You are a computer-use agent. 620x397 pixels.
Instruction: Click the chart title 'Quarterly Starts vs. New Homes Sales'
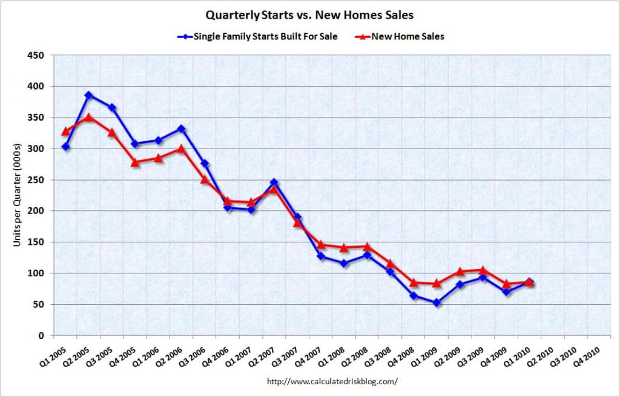tap(309, 15)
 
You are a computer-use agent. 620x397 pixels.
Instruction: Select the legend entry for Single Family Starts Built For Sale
tap(257, 37)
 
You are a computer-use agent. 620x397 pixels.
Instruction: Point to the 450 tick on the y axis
tap(40, 55)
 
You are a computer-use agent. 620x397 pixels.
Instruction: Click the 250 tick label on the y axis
tap(40, 180)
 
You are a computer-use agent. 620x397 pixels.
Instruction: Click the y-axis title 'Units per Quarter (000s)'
tap(17, 196)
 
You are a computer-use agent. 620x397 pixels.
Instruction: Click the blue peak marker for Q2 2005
tap(88, 95)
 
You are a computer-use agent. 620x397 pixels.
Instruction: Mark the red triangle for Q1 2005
tap(65, 132)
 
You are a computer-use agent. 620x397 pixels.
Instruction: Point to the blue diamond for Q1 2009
tap(437, 303)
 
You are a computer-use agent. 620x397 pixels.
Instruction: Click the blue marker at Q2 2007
tap(274, 182)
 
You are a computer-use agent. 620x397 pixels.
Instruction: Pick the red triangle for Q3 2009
tap(483, 270)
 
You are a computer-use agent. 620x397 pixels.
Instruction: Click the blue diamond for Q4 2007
tap(321, 256)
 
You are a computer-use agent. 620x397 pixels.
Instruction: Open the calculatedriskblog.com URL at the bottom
tap(332, 382)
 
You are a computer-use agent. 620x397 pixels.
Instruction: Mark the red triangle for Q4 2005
tap(135, 162)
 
